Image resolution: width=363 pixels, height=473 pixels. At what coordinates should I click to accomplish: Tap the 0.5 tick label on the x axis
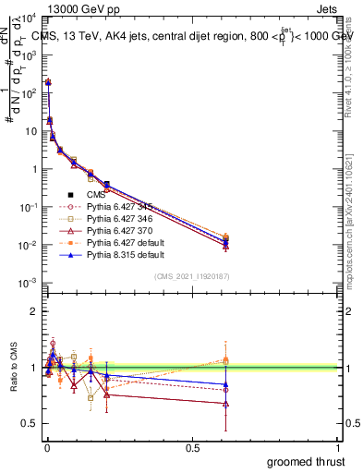pyautogui.click(x=192, y=448)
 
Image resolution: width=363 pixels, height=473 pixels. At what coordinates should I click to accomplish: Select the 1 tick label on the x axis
pyautogui.click(x=338, y=448)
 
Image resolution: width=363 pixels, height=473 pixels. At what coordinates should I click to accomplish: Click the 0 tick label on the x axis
pyautogui.click(x=46, y=448)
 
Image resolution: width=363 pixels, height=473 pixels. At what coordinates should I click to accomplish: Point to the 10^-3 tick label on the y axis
pyautogui.click(x=29, y=283)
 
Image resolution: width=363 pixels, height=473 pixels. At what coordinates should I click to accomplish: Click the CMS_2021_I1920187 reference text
pyautogui.click(x=192, y=276)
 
